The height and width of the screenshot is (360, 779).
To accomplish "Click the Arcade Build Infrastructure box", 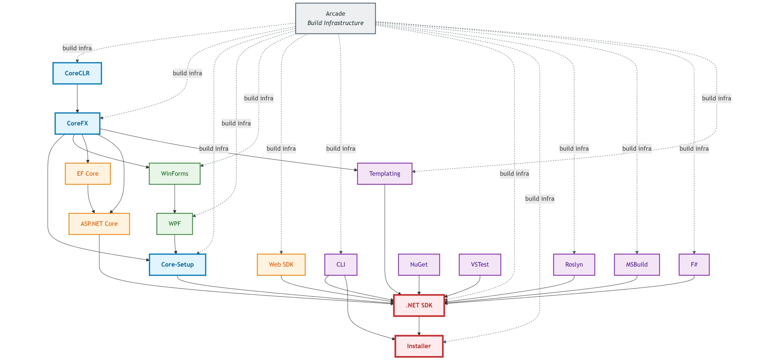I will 335,18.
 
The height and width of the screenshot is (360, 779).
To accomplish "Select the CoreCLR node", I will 77,73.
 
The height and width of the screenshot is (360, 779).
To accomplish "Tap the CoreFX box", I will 77,123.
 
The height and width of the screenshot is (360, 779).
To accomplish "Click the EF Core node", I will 88,173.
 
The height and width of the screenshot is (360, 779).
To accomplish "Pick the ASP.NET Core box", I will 99,224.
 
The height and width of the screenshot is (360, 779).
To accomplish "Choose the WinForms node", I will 174,173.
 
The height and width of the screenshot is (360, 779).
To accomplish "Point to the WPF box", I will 174,224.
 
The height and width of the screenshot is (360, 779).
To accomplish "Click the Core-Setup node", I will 177,264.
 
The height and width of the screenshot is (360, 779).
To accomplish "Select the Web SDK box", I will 281,264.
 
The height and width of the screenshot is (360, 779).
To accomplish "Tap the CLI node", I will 341,264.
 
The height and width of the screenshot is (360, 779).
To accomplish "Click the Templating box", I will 385,173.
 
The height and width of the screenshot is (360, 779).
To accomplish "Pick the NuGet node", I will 419,264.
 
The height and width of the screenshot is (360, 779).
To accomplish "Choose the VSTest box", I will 480,264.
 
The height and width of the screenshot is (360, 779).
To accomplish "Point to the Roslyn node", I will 574,264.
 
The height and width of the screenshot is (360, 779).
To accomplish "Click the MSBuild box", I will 637,264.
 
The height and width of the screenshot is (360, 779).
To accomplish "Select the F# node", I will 694,264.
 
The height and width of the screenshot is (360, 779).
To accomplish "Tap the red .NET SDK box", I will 419,305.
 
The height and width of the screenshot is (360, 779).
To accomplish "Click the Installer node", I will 419,346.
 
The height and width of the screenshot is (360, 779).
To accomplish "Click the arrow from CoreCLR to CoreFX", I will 77,98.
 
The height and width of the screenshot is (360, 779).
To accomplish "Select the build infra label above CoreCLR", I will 77,48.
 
